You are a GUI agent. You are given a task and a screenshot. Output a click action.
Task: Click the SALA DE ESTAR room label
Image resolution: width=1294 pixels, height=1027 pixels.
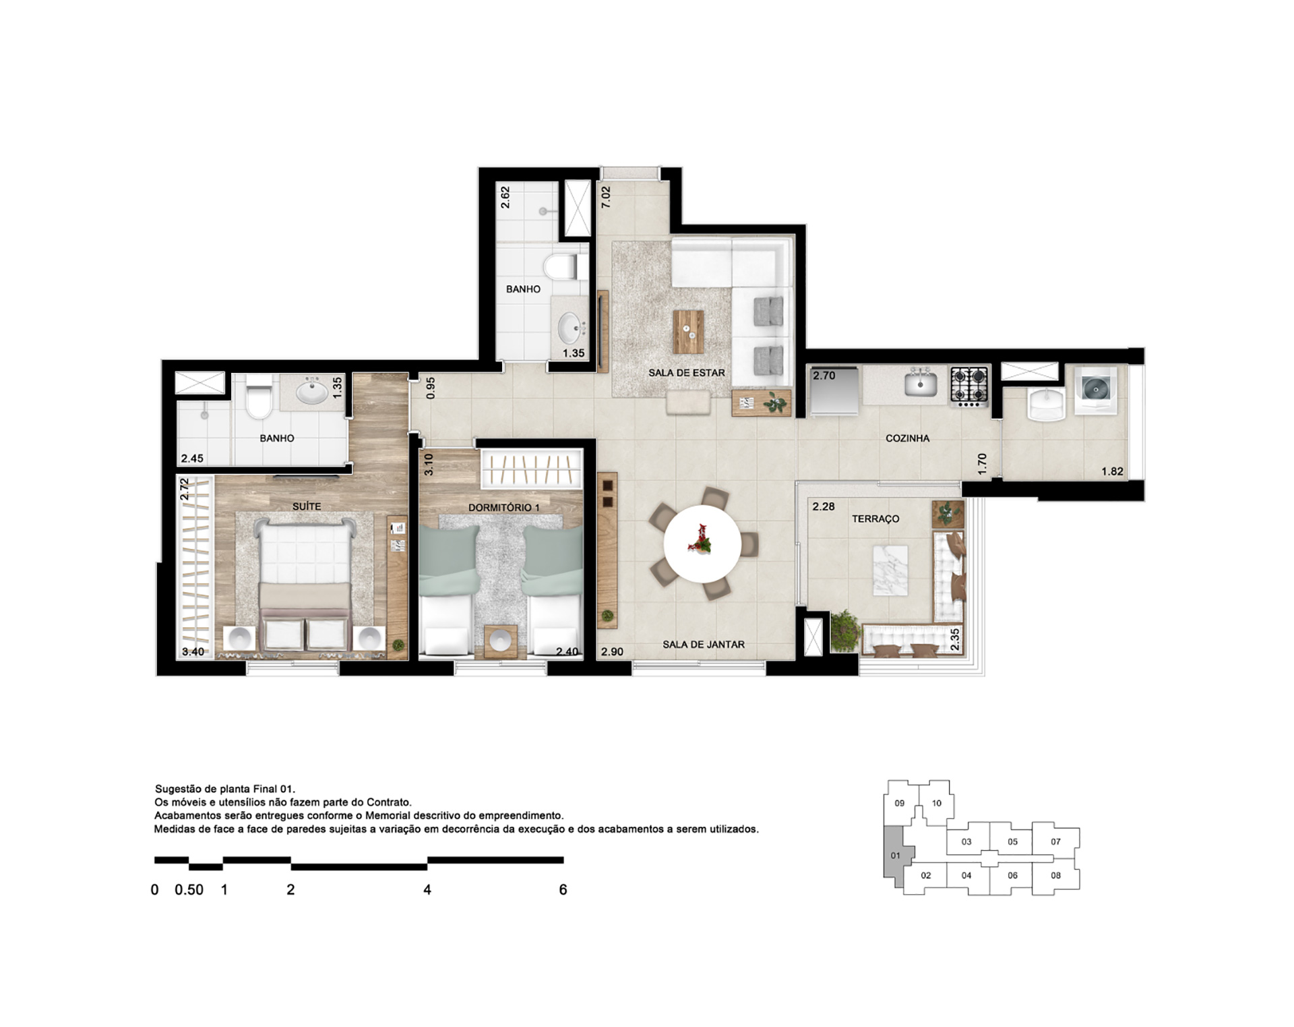coord(687,372)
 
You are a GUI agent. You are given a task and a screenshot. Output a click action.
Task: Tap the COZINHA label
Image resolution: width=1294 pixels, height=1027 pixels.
coord(907,438)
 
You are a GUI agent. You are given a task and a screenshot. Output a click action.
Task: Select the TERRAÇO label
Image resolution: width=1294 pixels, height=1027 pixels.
coord(875,519)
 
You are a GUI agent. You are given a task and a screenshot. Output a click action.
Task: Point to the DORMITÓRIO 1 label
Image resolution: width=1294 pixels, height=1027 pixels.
coord(504,507)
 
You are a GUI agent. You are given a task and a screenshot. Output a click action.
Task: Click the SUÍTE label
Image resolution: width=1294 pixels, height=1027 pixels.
coord(307,506)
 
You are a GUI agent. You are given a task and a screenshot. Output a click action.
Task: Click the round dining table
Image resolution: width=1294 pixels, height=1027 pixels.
coord(702,544)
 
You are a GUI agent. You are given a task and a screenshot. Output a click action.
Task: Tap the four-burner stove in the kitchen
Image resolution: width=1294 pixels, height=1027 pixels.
coord(969,386)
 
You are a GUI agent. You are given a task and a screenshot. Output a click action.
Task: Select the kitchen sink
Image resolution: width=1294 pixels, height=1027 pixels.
coord(921,384)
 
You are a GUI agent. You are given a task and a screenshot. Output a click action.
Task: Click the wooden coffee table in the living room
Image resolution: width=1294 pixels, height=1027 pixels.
coord(689,332)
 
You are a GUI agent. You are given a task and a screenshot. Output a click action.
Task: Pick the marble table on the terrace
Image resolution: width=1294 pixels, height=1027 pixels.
coord(890,570)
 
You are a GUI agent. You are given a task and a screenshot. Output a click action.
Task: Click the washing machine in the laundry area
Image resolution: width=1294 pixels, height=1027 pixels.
coord(1096,390)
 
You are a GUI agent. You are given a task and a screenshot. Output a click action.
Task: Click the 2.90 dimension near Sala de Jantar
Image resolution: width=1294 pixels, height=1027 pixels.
coord(612,652)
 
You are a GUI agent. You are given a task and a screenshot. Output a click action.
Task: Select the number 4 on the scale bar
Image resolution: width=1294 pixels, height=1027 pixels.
coord(427,890)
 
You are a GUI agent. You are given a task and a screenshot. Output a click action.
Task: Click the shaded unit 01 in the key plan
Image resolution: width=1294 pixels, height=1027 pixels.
coord(896,855)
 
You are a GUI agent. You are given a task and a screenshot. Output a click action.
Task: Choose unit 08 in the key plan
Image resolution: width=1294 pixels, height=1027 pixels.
coord(1055,876)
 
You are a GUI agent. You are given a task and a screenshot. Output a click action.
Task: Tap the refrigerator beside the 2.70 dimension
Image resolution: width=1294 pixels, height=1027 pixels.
coord(834,390)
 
